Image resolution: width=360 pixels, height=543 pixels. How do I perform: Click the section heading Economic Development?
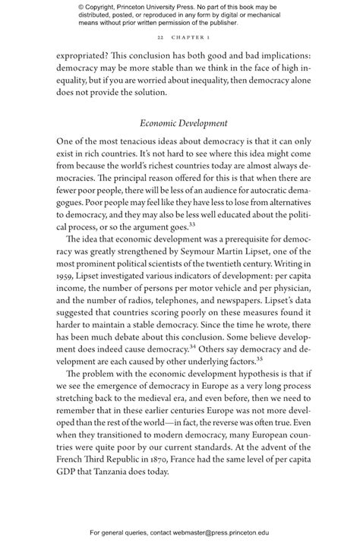coord(180,123)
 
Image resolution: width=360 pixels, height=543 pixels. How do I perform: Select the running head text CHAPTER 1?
coord(188,36)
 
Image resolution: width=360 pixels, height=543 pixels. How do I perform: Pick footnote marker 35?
coord(259,357)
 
